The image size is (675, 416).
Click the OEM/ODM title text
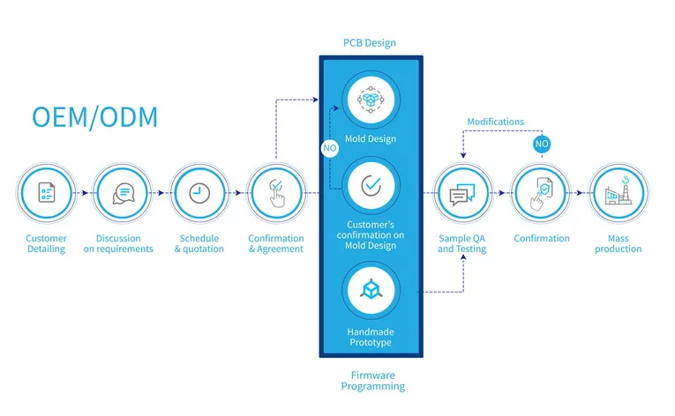coord(95,116)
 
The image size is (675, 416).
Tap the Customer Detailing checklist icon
coord(46,193)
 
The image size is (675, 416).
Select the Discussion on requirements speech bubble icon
coord(124,193)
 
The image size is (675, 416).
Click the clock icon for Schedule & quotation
coord(199,193)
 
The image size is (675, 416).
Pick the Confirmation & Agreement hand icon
coord(276,193)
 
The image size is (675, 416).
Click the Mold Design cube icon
coord(371,100)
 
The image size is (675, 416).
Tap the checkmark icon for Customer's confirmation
coord(371,186)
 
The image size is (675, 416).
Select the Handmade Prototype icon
coord(371,289)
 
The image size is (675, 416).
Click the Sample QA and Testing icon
coord(462,193)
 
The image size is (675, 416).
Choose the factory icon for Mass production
coord(618,193)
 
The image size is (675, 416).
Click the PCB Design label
coord(369,42)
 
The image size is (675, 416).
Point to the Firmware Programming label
coord(372,381)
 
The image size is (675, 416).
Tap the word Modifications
coord(495,122)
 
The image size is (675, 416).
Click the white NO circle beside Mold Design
coord(329,148)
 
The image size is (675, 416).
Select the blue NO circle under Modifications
coord(542,144)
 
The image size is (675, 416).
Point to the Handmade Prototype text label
coord(371,337)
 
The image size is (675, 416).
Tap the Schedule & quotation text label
coord(199,243)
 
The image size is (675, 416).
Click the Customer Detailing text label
coord(46,243)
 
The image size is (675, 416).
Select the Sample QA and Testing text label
coord(462,243)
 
